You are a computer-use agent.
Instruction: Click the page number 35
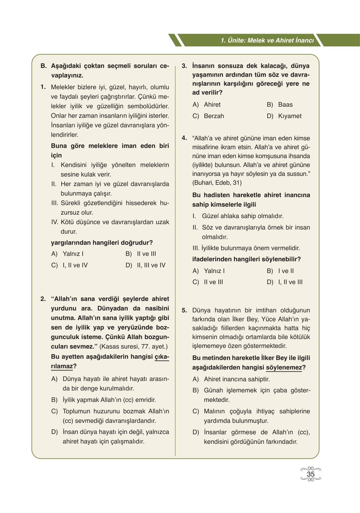click(310, 474)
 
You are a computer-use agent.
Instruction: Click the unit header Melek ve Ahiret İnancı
click(267, 41)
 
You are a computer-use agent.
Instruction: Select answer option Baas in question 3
click(285, 105)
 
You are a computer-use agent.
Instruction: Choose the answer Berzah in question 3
click(213, 116)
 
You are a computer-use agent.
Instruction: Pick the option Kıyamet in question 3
click(289, 116)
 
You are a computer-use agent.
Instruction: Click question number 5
click(184, 310)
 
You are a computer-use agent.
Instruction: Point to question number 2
click(43, 299)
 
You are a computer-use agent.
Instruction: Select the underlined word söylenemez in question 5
click(284, 368)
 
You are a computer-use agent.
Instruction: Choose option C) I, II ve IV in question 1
click(70, 265)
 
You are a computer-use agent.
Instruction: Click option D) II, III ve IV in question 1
click(145, 265)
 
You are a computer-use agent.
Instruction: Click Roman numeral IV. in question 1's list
click(55, 222)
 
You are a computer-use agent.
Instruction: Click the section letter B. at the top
click(44, 66)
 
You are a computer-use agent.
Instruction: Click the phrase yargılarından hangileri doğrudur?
click(102, 243)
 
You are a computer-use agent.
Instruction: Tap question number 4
click(184, 138)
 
